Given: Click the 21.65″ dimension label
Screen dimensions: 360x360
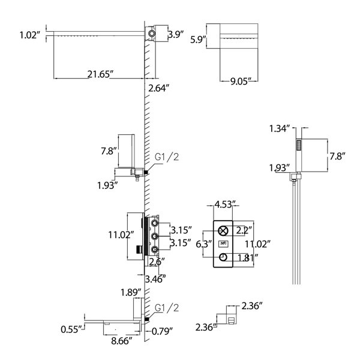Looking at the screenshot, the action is [100, 74].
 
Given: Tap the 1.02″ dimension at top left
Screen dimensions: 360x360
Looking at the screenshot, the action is [30, 35].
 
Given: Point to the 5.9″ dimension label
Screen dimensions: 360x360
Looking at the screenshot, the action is [197, 40].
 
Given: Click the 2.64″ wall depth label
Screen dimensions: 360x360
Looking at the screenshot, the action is [158, 88].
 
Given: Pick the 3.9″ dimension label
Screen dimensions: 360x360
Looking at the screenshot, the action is [176, 34].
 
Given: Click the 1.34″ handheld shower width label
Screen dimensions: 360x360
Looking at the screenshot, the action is [280, 128].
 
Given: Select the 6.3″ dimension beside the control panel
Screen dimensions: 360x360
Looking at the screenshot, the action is [203, 244].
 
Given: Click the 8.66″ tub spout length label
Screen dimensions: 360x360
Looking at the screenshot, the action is [122, 341].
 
